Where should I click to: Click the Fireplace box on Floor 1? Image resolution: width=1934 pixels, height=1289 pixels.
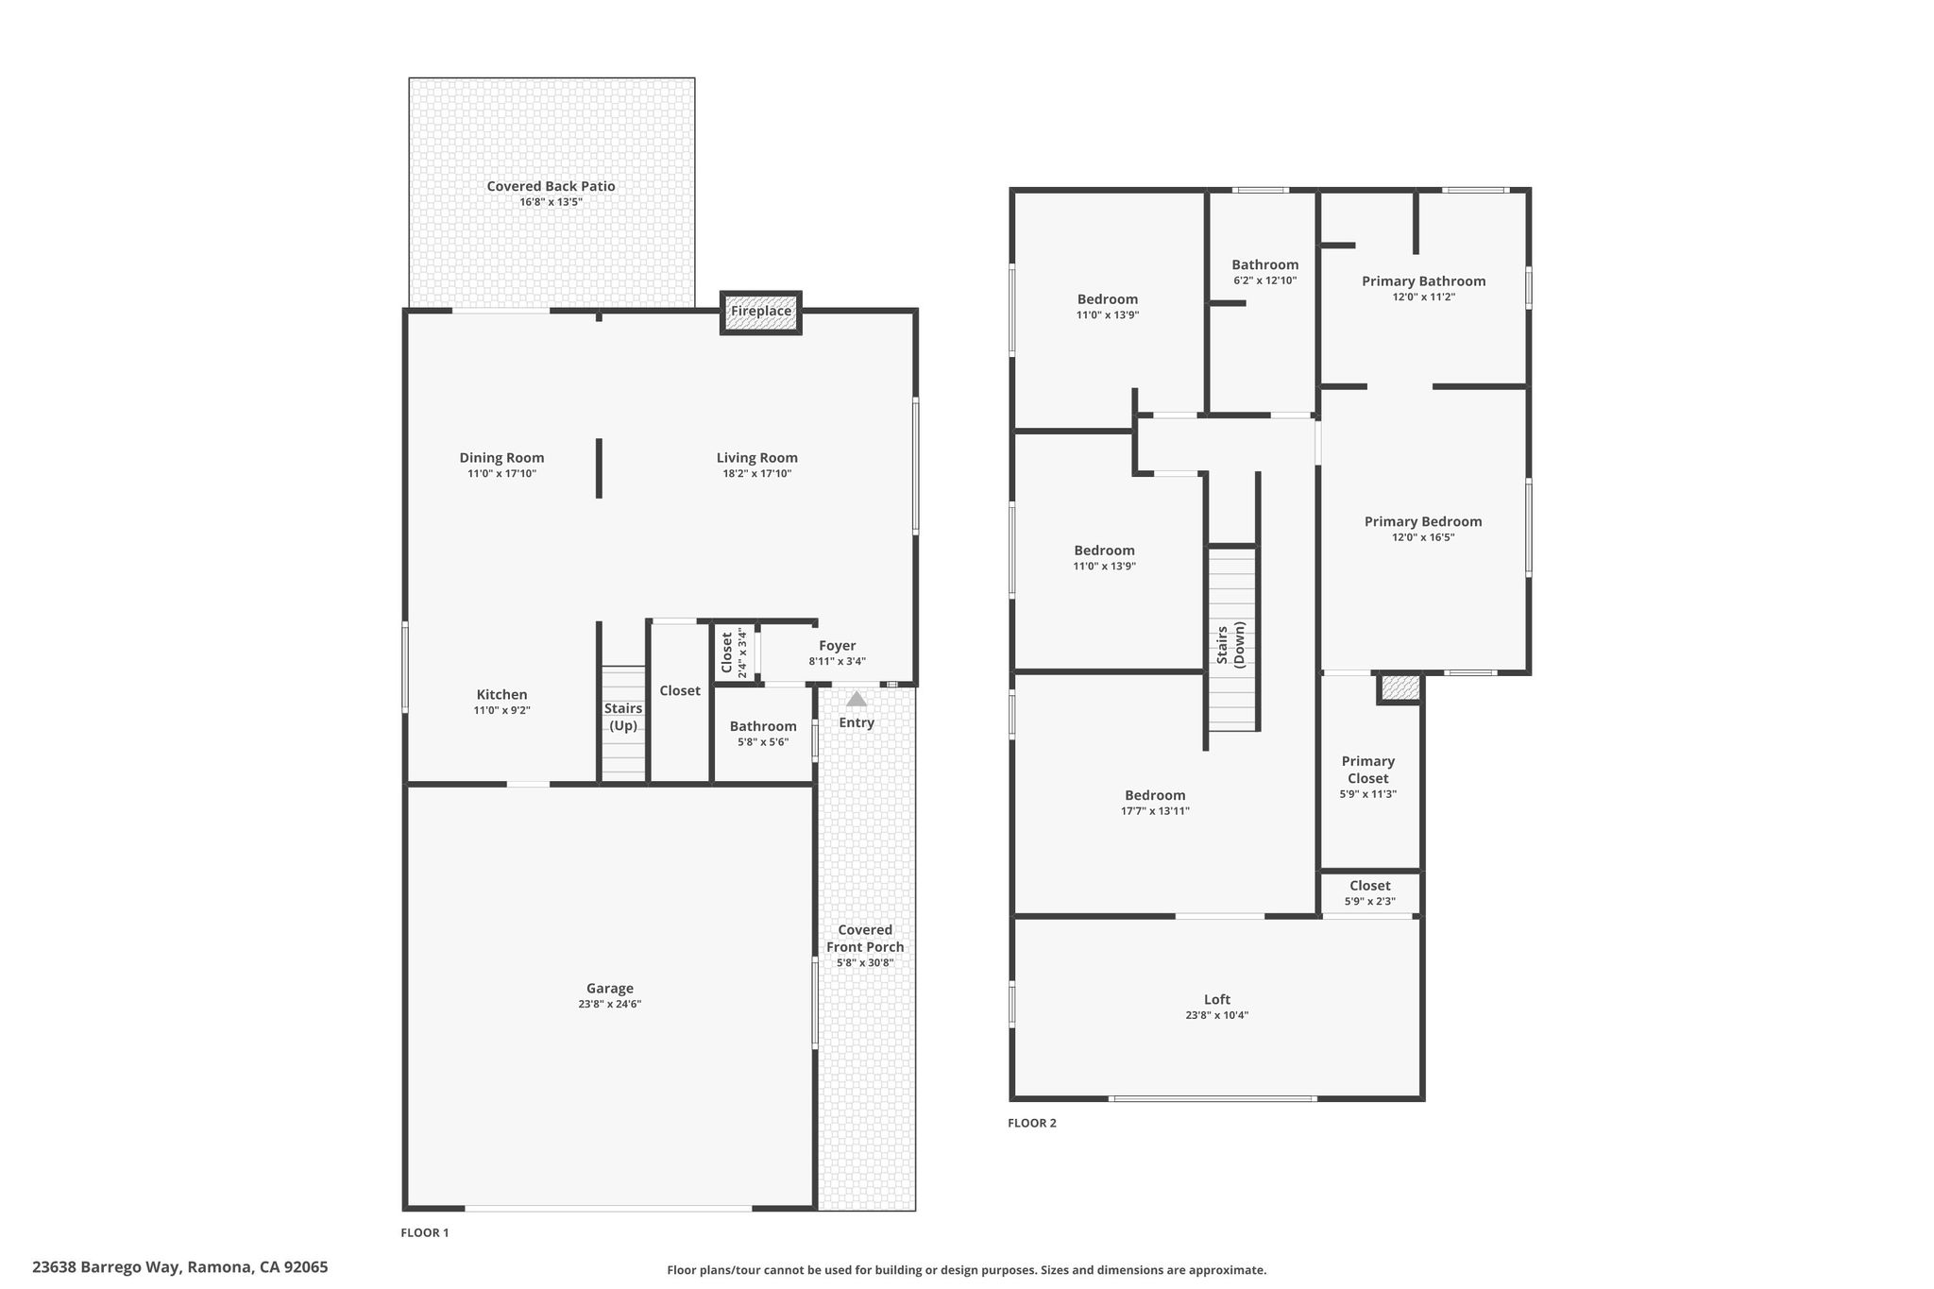point(761,312)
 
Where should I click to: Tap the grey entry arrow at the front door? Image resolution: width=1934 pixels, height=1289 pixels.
point(857,699)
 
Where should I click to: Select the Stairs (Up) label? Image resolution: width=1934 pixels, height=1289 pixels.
point(623,717)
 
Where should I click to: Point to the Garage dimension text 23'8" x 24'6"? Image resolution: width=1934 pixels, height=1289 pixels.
point(610,1004)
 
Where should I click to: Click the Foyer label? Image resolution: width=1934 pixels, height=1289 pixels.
point(838,646)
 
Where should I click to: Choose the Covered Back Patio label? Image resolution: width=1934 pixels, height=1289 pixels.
point(551,186)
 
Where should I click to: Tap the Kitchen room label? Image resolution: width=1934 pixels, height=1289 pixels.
point(501,695)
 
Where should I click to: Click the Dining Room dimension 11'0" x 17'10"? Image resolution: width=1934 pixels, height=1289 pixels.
point(501,474)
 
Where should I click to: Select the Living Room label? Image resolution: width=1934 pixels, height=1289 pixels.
point(757,458)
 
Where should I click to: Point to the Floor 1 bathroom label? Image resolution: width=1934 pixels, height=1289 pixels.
point(763,726)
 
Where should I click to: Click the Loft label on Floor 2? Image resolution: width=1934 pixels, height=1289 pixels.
point(1217,999)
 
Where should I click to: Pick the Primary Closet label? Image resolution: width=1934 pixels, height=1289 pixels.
point(1368,770)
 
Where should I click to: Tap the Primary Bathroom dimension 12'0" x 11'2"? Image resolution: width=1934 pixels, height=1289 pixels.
point(1423,297)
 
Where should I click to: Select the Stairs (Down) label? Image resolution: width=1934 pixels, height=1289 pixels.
point(1230,644)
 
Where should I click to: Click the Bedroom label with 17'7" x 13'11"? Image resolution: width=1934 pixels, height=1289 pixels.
point(1155,795)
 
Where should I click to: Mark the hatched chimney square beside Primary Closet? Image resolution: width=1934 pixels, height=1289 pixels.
point(1400,687)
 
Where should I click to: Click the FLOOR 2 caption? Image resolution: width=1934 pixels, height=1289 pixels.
point(1032,1123)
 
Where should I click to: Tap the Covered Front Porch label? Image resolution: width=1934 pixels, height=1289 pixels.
point(865,939)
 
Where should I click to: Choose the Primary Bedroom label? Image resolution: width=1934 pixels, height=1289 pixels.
point(1423,521)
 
